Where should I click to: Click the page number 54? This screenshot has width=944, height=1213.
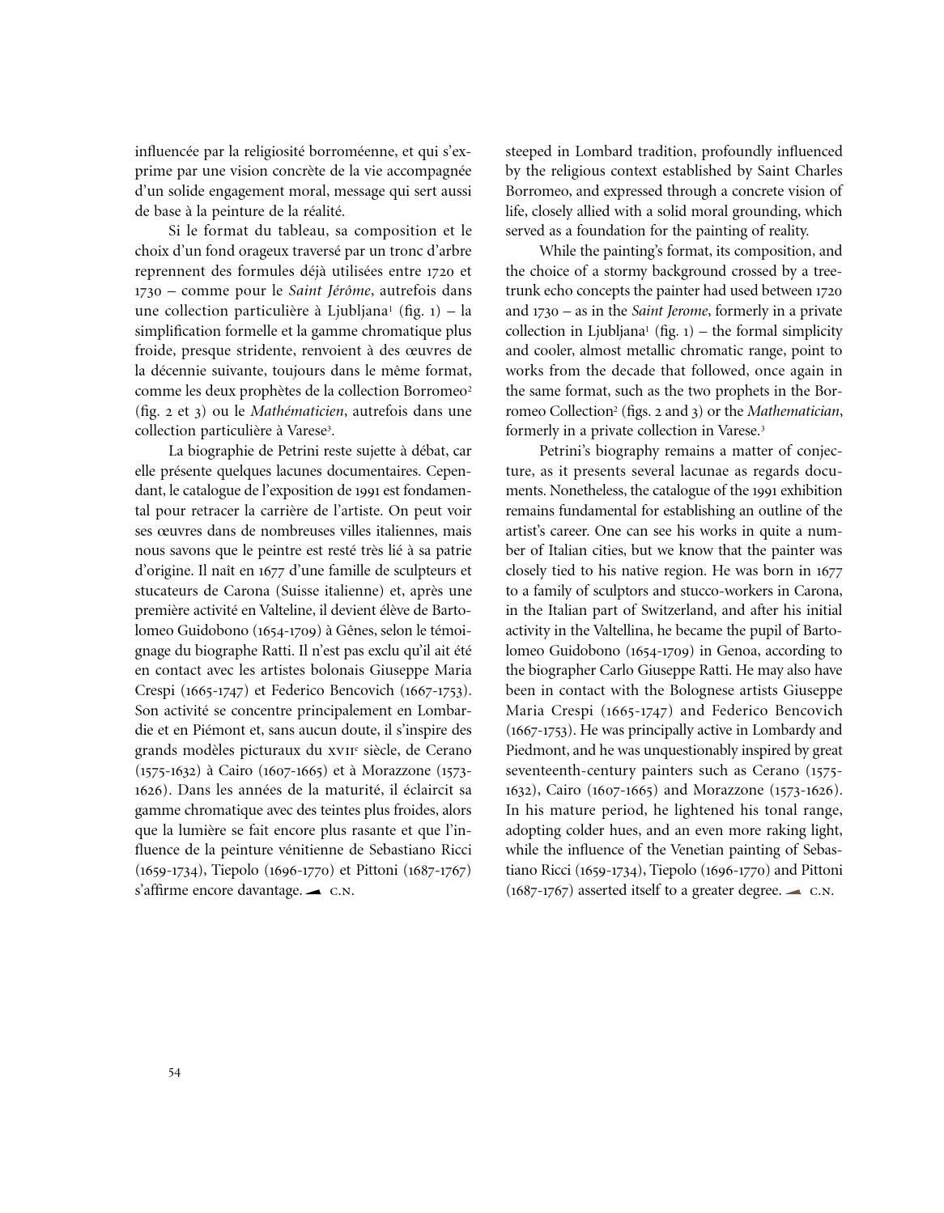click(175, 1073)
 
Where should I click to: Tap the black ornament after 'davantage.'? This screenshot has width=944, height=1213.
click(314, 891)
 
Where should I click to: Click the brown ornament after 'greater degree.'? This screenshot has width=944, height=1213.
click(793, 891)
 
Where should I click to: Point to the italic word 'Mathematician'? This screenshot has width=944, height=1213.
click(793, 411)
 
